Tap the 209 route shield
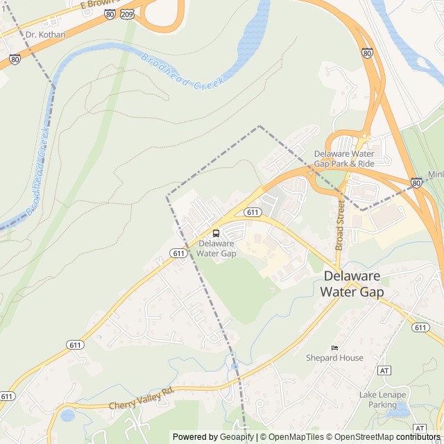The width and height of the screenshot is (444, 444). tap(127, 13)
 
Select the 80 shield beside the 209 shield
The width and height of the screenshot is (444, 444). tap(110, 13)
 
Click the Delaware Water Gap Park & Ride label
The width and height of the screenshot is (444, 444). tap(344, 158)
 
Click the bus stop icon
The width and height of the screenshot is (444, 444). tap(216, 233)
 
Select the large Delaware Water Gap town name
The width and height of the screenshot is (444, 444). tap(352, 284)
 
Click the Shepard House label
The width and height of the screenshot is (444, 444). tap(334, 358)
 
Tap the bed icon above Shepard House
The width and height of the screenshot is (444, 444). tap(334, 348)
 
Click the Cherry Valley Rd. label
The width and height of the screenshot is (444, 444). tap(141, 400)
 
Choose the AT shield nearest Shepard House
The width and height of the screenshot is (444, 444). tap(384, 370)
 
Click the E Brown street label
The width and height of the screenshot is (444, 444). tap(94, 3)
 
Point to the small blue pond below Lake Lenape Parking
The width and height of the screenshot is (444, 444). tap(398, 411)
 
